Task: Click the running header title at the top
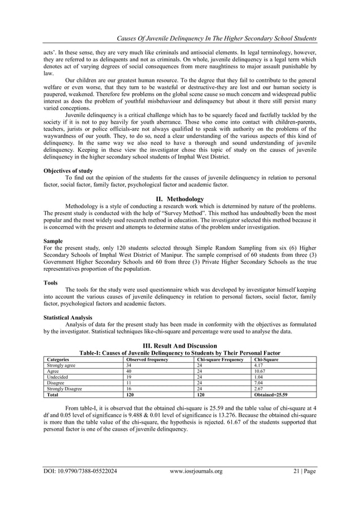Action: (216, 38)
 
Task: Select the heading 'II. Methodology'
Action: (179, 199)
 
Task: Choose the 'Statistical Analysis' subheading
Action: (68, 317)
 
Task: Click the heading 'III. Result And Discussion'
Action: (179, 345)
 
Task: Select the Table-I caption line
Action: (179, 352)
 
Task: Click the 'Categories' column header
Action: (58, 359)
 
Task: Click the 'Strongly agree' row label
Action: (60, 366)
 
